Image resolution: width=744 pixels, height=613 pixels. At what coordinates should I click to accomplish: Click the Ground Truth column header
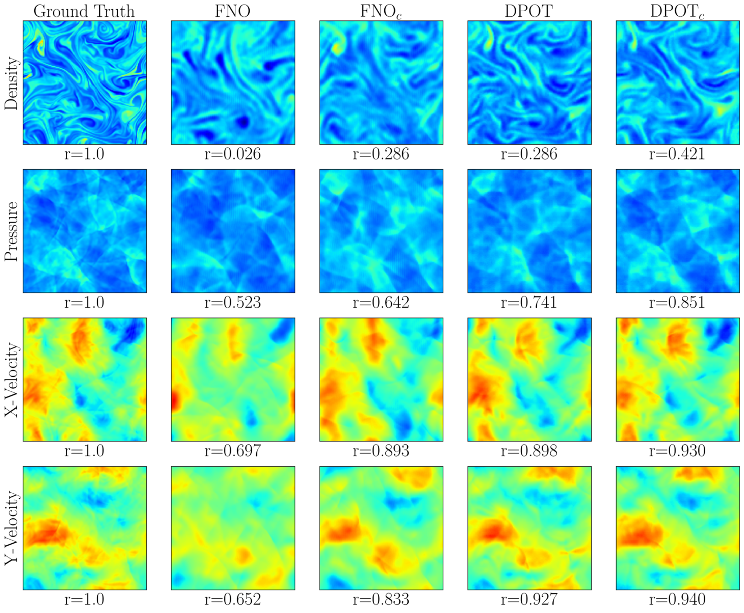click(x=84, y=11)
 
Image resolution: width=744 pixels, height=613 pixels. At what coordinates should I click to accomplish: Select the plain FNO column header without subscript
click(x=232, y=11)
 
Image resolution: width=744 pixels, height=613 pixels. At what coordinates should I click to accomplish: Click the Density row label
click(x=11, y=83)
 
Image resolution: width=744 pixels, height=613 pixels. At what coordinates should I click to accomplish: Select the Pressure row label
click(x=11, y=231)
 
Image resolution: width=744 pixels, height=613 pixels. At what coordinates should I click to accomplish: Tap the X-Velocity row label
click(x=11, y=380)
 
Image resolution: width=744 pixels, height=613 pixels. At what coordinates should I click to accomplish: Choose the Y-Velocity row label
click(x=11, y=528)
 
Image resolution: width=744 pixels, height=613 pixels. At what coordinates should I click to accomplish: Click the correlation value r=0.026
click(x=232, y=154)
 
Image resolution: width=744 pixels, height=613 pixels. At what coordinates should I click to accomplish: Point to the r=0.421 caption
click(x=677, y=154)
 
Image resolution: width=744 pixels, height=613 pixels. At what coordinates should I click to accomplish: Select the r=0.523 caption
click(x=232, y=303)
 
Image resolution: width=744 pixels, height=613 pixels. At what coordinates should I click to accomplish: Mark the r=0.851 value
click(x=677, y=303)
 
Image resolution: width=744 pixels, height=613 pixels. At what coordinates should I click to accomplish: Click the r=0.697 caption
click(x=232, y=451)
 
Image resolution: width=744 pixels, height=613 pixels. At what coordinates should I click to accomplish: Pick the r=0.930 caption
click(x=677, y=451)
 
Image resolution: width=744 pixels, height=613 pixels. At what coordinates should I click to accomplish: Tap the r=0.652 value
click(x=232, y=600)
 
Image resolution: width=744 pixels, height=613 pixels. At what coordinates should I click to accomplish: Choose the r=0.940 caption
click(x=677, y=600)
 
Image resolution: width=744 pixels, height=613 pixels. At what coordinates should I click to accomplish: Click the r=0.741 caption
click(x=529, y=303)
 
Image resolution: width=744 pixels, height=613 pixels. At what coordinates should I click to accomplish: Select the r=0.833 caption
click(x=381, y=600)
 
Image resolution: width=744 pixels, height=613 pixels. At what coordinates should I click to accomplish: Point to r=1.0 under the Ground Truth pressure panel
click(x=84, y=303)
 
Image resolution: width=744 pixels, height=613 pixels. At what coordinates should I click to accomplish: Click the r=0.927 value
click(x=529, y=600)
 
